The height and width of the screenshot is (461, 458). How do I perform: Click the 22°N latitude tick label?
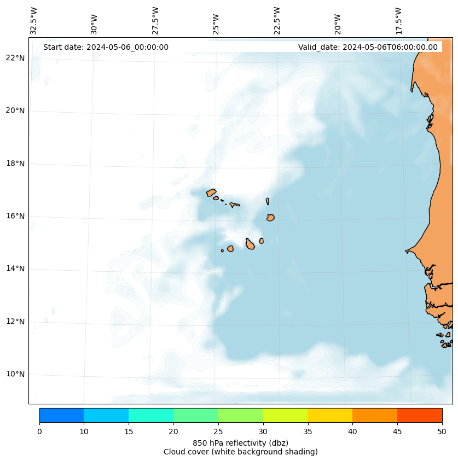click(15, 58)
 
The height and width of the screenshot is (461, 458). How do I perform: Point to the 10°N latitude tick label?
click(15, 374)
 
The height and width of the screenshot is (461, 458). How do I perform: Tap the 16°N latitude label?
click(15, 216)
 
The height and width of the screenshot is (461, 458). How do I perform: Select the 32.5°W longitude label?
click(34, 21)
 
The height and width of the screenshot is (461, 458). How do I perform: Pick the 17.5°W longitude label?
click(398, 21)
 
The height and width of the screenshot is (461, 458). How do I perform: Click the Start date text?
click(106, 47)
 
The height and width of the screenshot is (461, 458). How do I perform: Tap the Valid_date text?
click(368, 47)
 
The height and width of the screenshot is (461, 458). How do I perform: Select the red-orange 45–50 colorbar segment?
click(419, 415)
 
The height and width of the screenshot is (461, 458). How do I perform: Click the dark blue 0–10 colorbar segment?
click(61, 415)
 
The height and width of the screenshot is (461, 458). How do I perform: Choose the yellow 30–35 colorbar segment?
click(285, 415)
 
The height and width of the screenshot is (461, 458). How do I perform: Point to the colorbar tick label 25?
click(218, 432)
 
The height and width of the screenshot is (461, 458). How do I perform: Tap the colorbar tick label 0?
click(39, 432)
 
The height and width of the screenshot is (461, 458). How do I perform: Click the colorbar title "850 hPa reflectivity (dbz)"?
click(240, 442)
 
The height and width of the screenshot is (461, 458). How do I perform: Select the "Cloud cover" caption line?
click(240, 452)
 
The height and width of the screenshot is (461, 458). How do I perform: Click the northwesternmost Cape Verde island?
click(211, 192)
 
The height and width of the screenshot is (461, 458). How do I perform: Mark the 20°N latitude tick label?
click(15, 110)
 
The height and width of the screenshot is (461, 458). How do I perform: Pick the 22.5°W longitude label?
click(277, 21)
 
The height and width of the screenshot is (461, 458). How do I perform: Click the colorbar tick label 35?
click(308, 432)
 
